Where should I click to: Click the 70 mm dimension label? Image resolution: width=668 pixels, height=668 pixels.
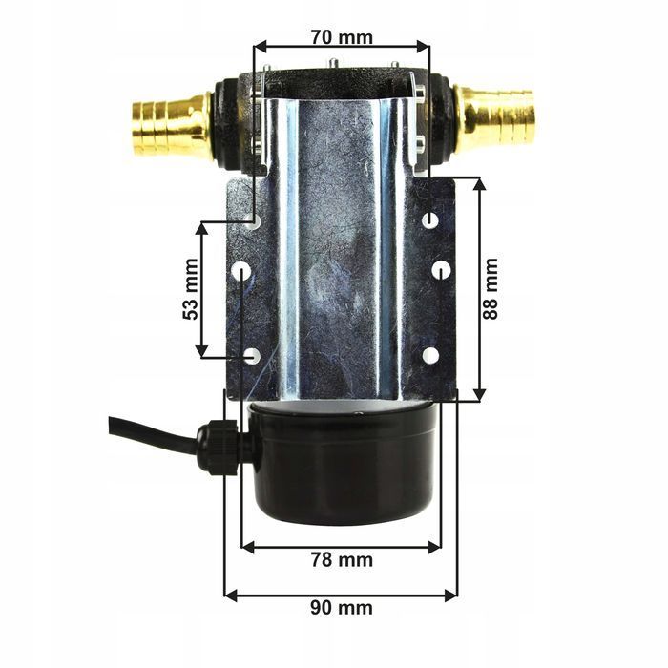point(342,38)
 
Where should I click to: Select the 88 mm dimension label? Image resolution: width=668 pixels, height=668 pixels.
point(491,289)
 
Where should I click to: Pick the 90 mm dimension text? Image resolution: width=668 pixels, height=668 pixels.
point(342,608)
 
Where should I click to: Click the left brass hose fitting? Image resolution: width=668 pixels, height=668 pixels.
point(170,124)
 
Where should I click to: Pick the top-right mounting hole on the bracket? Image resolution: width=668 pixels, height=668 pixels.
point(430,220)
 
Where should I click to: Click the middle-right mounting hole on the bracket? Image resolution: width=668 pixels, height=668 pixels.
point(440,271)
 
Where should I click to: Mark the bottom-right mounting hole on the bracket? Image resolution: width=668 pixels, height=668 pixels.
point(430,355)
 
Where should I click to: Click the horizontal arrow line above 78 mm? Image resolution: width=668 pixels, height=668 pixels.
point(342,546)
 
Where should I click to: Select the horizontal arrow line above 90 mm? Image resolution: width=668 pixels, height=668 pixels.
point(342,595)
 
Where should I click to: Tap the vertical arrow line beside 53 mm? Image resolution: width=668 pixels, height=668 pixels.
point(202,289)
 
